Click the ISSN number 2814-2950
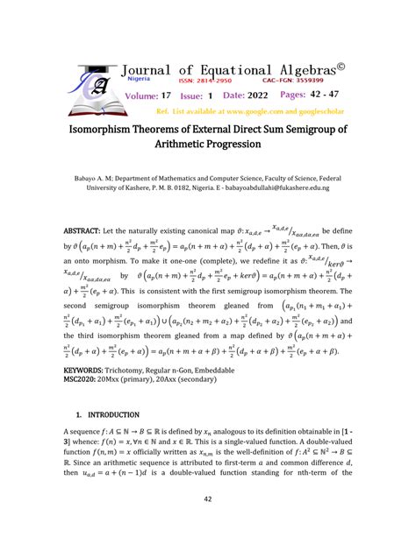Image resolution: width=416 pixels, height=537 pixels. point(198,79)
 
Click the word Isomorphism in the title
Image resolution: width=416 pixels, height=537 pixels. point(108,131)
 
